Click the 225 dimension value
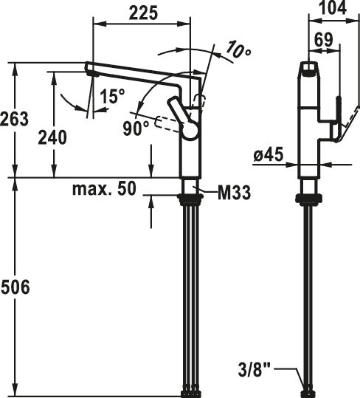click(x=143, y=13)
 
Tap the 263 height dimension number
click(x=15, y=119)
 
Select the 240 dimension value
click(x=52, y=137)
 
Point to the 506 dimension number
click(x=15, y=287)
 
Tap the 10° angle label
click(x=238, y=50)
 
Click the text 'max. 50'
click(x=105, y=189)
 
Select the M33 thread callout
click(x=235, y=193)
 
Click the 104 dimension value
click(x=333, y=7)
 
